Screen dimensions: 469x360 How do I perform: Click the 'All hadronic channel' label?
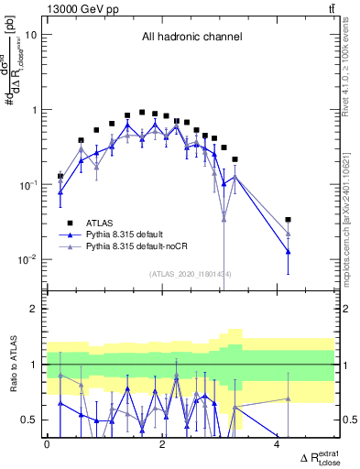click(191, 38)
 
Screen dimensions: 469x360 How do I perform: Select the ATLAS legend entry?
click(101, 222)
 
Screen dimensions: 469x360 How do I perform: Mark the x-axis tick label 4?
click(278, 444)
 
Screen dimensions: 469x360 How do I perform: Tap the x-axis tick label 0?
click(48, 444)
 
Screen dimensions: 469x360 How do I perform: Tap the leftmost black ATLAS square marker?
click(60, 176)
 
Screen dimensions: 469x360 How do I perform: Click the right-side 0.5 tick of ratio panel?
click(346, 420)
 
